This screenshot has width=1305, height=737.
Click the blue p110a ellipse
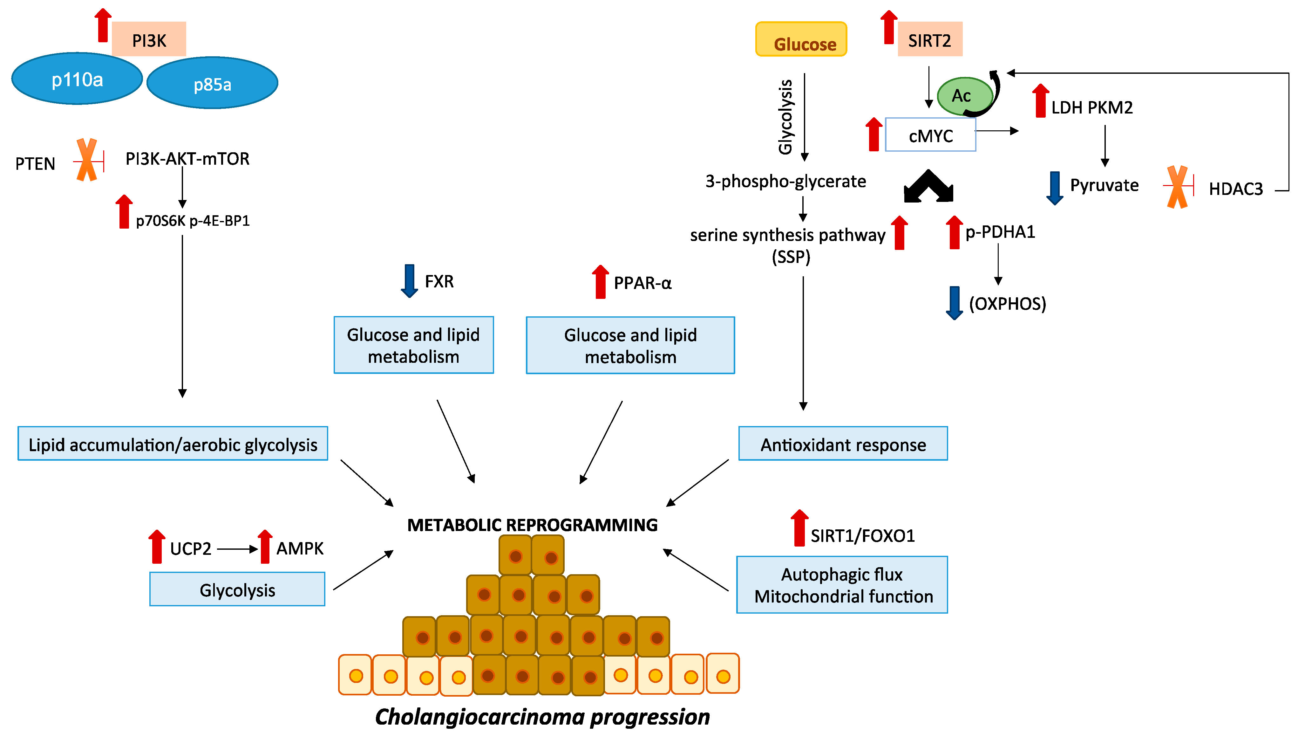[77, 79]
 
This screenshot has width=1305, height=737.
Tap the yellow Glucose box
[801, 39]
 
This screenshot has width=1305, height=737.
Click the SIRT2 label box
[930, 39]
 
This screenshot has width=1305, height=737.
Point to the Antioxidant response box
[843, 444]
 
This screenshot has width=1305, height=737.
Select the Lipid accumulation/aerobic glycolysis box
[173, 444]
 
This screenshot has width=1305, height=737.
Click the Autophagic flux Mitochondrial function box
[842, 585]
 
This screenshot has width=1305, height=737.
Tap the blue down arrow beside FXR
[409, 280]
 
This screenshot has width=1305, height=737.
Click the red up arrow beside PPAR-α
[600, 282]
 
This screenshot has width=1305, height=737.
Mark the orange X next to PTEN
[87, 160]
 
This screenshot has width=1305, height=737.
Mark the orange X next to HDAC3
[1177, 187]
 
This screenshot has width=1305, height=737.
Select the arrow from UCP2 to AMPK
[237, 549]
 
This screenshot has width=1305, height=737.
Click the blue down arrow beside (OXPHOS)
[955, 303]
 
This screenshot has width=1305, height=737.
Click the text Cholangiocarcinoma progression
[542, 717]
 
